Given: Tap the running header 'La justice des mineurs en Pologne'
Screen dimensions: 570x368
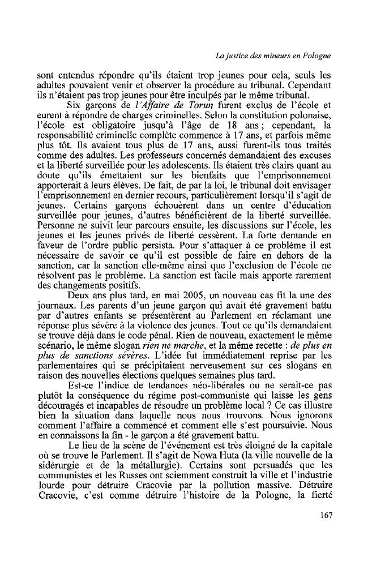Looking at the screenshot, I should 273,55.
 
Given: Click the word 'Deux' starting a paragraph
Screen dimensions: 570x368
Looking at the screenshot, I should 78,296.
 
